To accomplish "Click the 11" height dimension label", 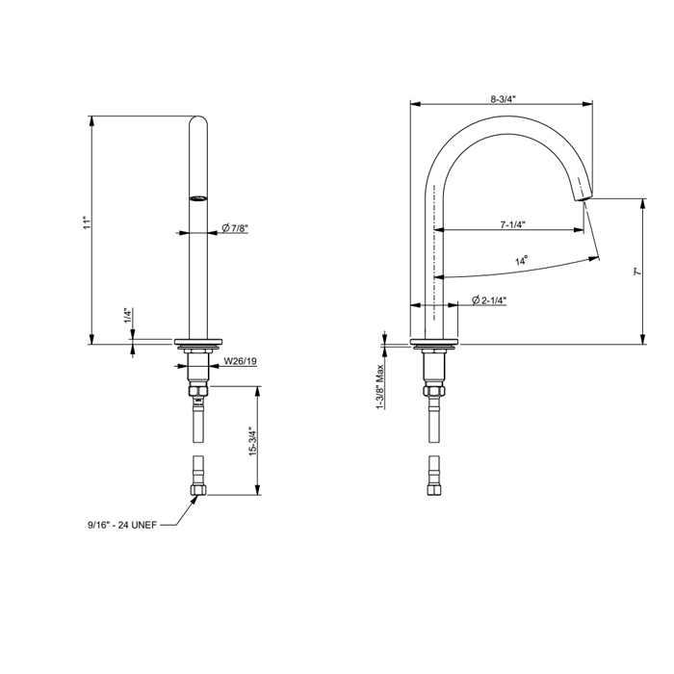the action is click(x=89, y=222).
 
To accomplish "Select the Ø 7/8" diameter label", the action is click(x=235, y=228).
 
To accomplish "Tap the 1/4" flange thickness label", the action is click(x=128, y=316).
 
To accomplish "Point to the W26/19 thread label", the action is click(x=241, y=361).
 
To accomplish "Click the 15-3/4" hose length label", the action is click(x=252, y=441).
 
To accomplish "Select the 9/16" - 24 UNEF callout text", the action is click(x=122, y=525).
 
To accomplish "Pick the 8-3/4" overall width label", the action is click(x=504, y=99).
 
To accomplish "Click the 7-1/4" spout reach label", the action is click(x=513, y=224).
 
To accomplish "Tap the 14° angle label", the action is click(x=522, y=261).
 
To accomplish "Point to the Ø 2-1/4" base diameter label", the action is click(x=489, y=300).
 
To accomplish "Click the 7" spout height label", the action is click(x=637, y=272).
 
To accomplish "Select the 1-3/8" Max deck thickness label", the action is click(x=380, y=387).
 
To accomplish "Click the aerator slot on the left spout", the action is click(x=198, y=198).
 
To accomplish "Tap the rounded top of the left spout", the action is click(x=198, y=120).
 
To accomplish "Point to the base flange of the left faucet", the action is click(x=198, y=343).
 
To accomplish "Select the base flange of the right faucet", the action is click(x=434, y=343).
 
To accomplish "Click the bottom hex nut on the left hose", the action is click(x=198, y=489).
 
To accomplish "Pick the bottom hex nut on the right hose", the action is click(x=434, y=489).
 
